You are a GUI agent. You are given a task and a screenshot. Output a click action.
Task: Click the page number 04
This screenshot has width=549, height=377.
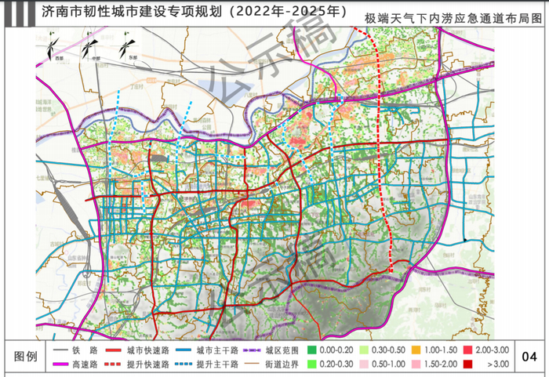pyautogui.click(x=529, y=357)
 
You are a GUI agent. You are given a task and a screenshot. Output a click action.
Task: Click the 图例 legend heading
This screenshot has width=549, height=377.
pyautogui.click(x=27, y=357)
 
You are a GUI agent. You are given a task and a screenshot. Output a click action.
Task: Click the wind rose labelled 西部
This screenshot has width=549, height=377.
pyautogui.click(x=53, y=49)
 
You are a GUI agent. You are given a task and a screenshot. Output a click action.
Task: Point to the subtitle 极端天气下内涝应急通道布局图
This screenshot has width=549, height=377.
pyautogui.click(x=453, y=16)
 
